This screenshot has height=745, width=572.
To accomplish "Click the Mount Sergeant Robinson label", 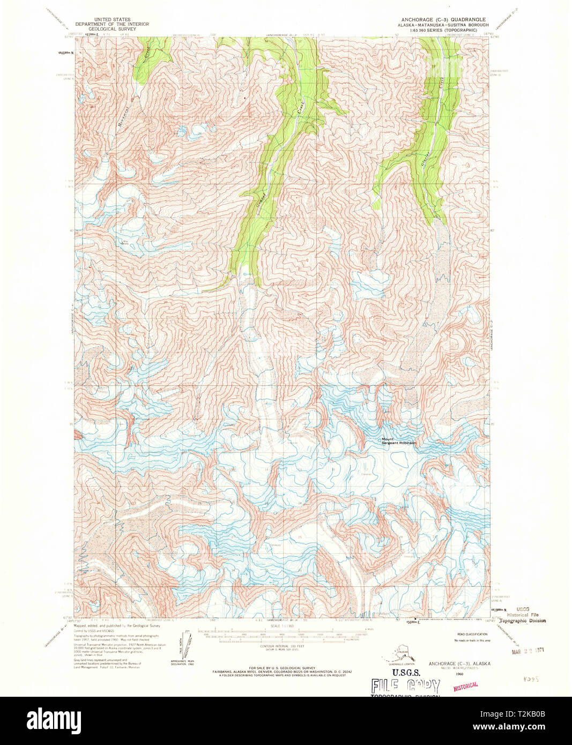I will (398, 441).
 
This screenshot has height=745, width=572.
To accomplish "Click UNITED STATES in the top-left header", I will (112, 19).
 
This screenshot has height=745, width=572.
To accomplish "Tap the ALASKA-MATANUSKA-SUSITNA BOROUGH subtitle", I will (443, 25).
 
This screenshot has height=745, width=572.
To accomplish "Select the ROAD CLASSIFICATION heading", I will (471, 634).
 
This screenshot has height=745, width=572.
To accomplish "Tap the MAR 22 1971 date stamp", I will (528, 651).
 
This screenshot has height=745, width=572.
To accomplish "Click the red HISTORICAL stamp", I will (465, 686).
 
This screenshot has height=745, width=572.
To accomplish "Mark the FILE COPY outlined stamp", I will (405, 687).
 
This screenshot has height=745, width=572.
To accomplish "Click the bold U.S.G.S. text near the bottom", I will (406, 673).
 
